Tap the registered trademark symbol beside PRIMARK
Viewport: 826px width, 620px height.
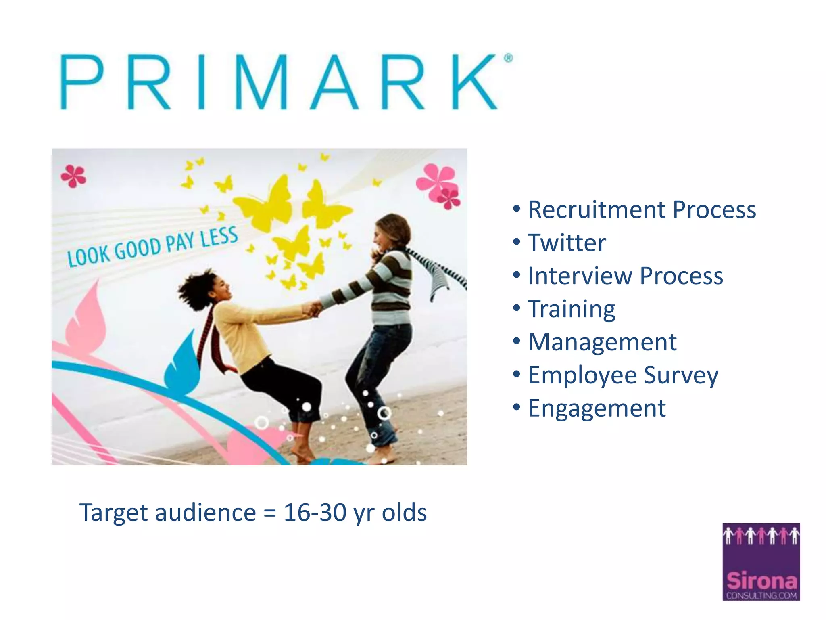click(508, 58)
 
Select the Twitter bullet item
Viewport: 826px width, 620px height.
click(567, 243)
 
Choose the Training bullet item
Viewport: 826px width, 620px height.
click(572, 310)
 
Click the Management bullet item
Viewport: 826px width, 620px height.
click(602, 342)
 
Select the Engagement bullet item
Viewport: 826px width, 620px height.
click(597, 408)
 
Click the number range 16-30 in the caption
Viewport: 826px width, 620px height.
click(315, 513)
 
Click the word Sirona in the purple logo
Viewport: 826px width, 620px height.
click(761, 581)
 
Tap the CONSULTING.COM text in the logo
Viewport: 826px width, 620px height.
click(761, 595)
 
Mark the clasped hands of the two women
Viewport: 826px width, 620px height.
click(313, 309)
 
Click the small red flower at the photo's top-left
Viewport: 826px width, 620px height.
click(73, 176)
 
